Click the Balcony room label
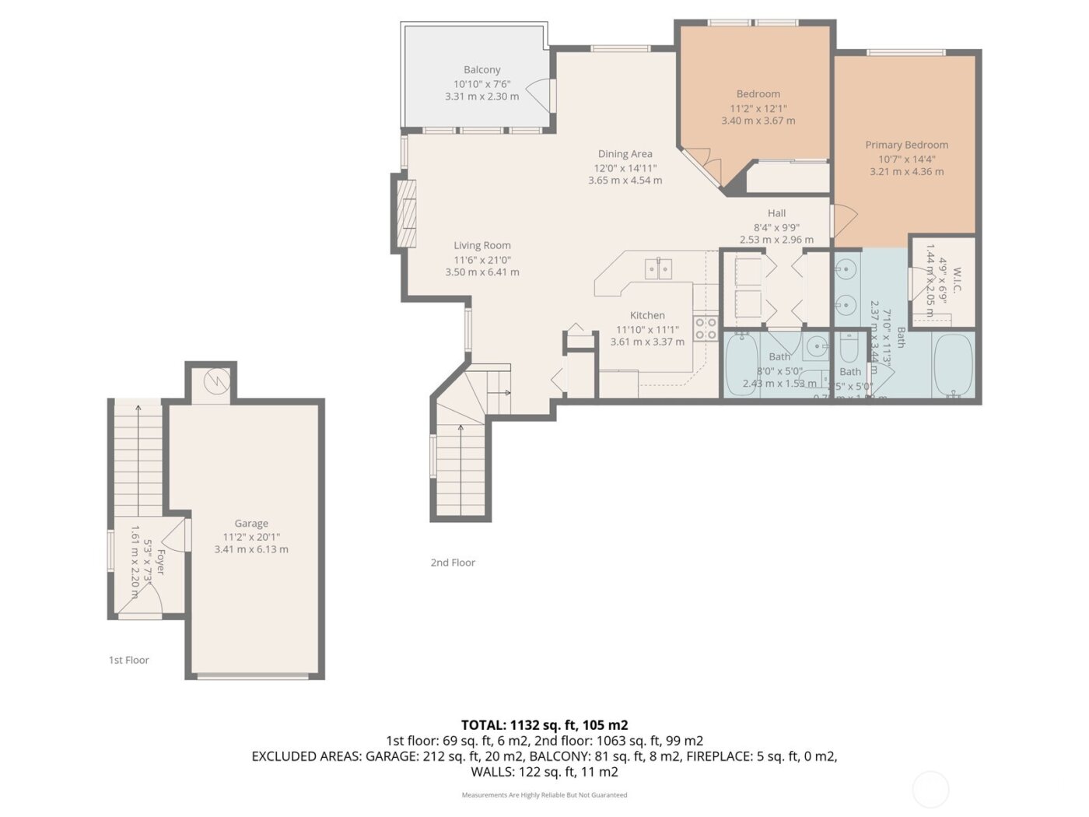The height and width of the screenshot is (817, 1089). pos(481,70)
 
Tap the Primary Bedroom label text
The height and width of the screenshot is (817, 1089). pos(906,145)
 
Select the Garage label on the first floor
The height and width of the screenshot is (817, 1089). pos(251,524)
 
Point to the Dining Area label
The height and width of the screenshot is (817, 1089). pos(625,154)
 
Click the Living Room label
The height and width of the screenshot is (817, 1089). pos(482,245)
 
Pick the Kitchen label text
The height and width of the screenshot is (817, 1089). pos(647,315)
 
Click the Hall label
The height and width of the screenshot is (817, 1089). pos(776,213)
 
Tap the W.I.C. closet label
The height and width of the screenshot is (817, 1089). pos(957,280)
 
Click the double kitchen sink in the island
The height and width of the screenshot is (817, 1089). pos(658,268)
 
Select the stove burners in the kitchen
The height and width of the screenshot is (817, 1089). pos(706,328)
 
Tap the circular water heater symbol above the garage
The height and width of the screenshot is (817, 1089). pos(216,381)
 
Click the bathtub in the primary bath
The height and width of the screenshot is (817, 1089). pos(953,366)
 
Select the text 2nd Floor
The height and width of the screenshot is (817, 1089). pos(453,563)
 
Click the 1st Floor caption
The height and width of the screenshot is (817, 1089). pos(128,660)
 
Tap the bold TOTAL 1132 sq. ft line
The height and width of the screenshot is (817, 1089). pos(544,724)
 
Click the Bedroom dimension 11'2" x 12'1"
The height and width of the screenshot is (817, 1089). pos(758,109)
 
